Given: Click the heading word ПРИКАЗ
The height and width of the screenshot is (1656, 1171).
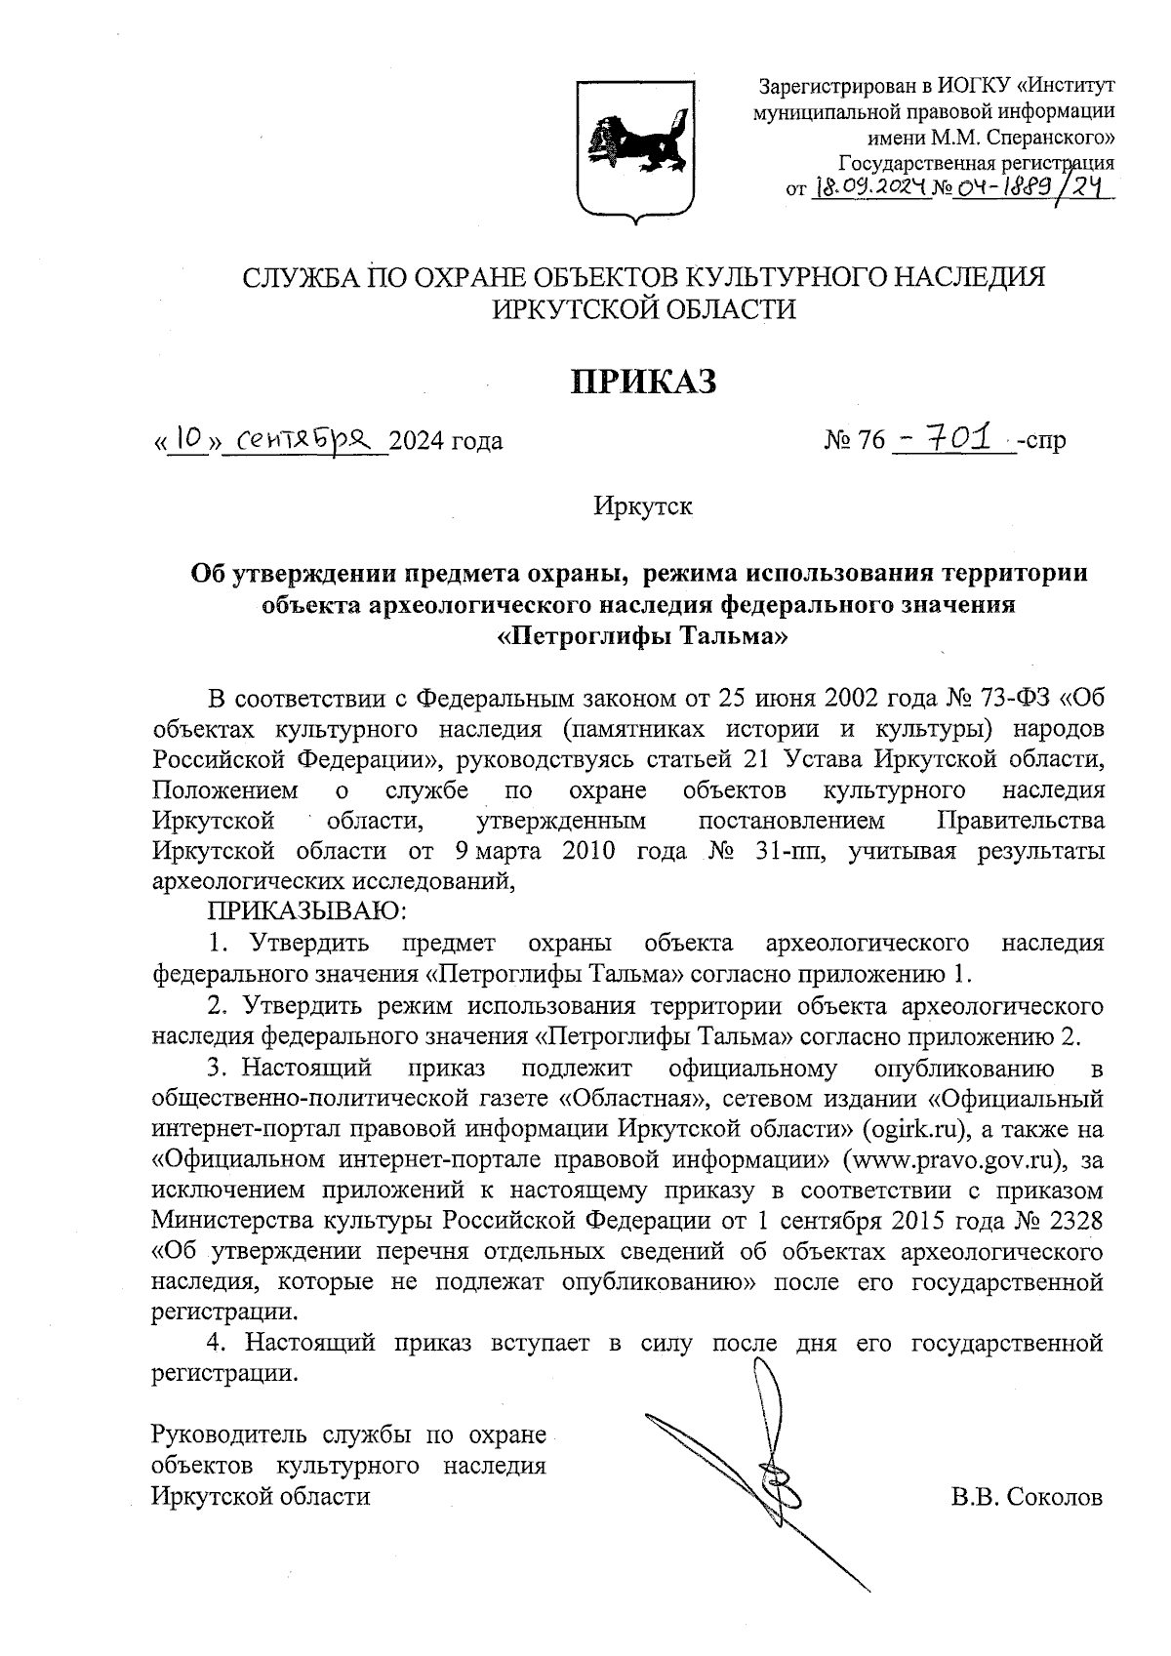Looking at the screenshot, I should pyautogui.click(x=643, y=382).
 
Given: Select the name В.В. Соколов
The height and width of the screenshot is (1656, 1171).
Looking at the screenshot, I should pyautogui.click(x=1028, y=1496).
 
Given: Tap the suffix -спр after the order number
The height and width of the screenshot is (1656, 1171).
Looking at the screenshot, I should pyautogui.click(x=1041, y=441).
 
